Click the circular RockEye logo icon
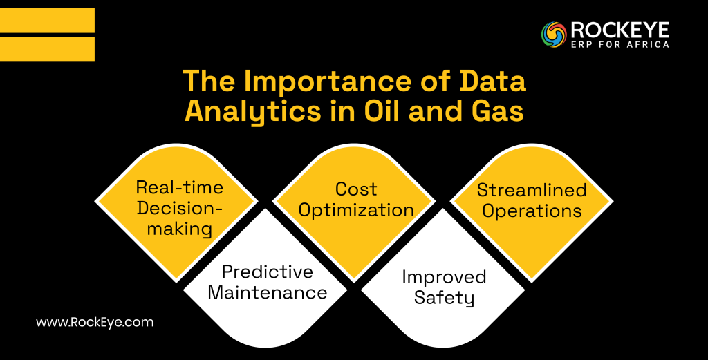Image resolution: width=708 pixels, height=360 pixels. (555, 35)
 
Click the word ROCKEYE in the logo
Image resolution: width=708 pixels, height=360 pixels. (619, 30)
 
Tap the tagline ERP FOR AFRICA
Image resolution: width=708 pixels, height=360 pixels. (619, 44)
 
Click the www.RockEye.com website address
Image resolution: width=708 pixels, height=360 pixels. (94, 322)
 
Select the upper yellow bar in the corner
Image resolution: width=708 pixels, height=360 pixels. (47, 20)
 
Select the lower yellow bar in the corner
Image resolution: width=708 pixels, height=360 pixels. (47, 48)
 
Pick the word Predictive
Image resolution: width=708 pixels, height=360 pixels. (268, 272)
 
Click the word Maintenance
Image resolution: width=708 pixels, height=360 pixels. (268, 292)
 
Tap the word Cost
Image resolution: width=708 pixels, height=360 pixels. (355, 189)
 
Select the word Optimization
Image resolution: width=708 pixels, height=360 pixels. (355, 210)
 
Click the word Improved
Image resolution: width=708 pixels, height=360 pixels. (444, 277)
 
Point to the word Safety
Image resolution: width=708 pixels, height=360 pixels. (444, 298)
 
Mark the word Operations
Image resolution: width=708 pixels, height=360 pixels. (532, 211)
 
